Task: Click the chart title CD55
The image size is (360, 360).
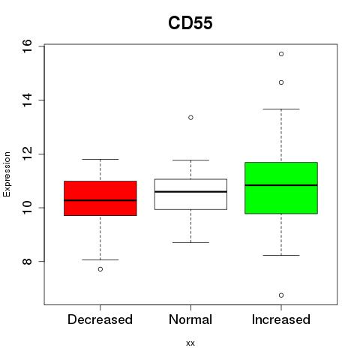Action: point(190,23)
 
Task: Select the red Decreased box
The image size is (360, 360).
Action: point(100,198)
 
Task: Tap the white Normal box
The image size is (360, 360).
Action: point(190,194)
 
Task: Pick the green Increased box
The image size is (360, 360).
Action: point(281,188)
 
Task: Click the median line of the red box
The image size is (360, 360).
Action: point(100,200)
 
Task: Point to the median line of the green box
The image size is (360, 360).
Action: point(281,185)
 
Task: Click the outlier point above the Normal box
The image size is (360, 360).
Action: point(190,118)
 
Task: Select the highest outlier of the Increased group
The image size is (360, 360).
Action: point(281,54)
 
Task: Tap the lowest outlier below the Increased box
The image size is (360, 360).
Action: point(281,295)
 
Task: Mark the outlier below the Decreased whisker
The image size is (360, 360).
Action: point(100,269)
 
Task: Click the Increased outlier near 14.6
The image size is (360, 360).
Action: point(281,82)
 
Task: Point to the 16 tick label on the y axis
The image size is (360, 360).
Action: point(27,46)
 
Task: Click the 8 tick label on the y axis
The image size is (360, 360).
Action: point(27,262)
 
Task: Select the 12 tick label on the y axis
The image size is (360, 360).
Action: point(27,154)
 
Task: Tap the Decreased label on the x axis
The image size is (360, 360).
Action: point(100,319)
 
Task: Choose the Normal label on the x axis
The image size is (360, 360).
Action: point(190,319)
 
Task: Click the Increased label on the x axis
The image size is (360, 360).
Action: point(281,319)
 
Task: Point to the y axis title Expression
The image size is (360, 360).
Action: point(7,174)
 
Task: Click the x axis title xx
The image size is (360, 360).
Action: point(190,343)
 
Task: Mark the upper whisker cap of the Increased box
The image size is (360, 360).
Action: point(281,109)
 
